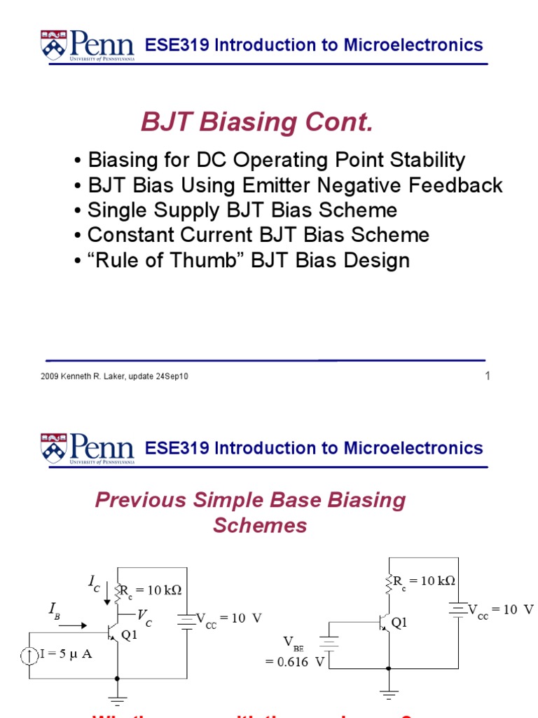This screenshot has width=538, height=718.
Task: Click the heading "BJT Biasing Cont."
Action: coord(257,123)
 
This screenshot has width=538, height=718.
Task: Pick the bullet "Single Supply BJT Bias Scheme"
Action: coord(242,210)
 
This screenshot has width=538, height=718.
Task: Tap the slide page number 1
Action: coord(488,376)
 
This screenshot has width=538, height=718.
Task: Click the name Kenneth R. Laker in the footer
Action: coord(94,377)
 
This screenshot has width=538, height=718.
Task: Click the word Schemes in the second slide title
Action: coord(260,526)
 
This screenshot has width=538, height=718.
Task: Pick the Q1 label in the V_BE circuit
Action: coord(399,623)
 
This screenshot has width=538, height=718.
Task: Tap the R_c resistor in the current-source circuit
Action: coord(117,591)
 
